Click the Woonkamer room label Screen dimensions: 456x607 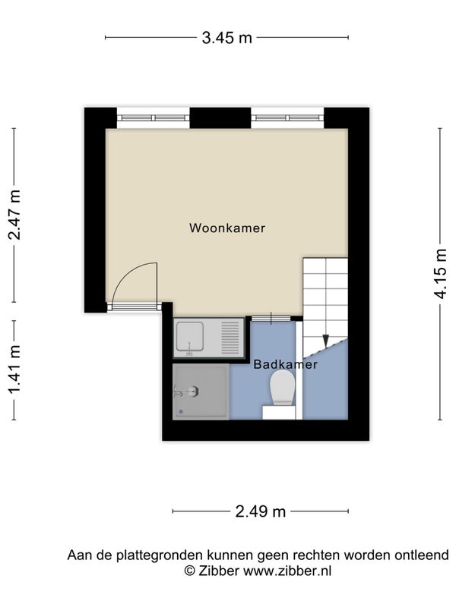point(227,228)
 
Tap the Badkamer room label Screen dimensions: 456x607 point(286,364)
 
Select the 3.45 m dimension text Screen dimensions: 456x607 point(226,38)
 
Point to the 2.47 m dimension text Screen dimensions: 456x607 point(14,215)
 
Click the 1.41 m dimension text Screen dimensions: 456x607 point(14,370)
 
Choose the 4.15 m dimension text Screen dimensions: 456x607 point(440,274)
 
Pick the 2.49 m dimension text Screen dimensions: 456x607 point(260,511)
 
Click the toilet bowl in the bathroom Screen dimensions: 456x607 point(283,388)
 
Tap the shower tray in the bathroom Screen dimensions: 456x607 point(201,392)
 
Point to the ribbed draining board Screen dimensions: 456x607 point(230,338)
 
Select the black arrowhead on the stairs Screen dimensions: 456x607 point(326,341)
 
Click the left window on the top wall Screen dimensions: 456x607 point(154,118)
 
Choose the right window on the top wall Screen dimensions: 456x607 point(287,118)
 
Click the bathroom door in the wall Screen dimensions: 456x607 point(271,318)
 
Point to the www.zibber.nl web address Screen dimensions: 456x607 point(287,571)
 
